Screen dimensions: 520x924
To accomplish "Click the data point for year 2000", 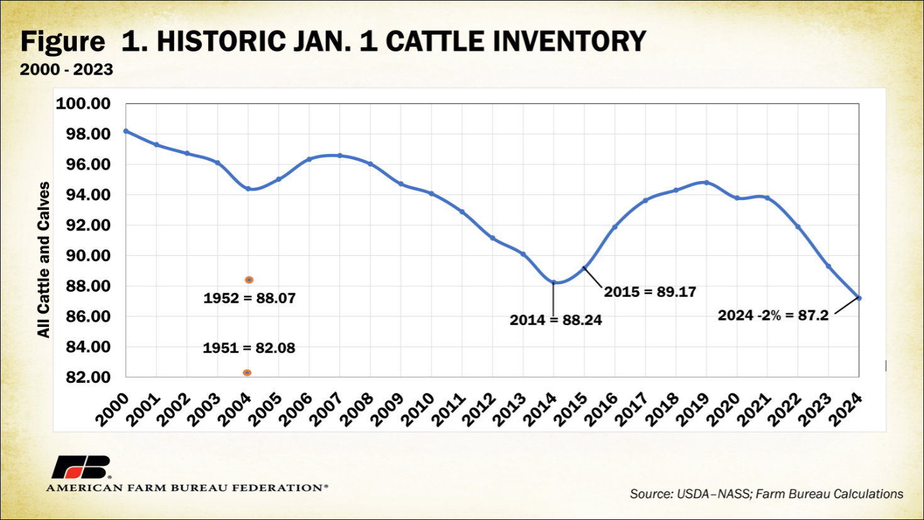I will click(x=126, y=131).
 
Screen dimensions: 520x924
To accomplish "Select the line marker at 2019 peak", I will click(x=707, y=183).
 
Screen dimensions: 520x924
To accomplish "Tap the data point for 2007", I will click(x=340, y=155).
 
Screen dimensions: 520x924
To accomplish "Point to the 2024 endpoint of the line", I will click(x=859, y=298).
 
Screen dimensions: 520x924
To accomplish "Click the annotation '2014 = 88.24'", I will click(x=556, y=320).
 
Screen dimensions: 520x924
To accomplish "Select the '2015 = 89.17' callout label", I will click(x=650, y=292).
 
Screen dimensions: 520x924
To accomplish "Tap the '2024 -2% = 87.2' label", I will click(x=773, y=315).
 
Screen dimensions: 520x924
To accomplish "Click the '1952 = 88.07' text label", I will click(x=250, y=298).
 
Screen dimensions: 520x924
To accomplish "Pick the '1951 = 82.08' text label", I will click(x=249, y=348).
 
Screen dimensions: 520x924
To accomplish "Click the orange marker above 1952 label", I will click(x=249, y=280).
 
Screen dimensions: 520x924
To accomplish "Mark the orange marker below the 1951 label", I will click(x=247, y=373).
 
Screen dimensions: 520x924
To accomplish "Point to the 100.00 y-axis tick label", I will click(x=83, y=104).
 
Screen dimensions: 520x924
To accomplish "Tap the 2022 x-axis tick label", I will click(x=785, y=409).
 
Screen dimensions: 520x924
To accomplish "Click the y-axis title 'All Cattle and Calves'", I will click(x=43, y=260).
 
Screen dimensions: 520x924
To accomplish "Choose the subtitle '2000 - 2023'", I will click(x=67, y=69).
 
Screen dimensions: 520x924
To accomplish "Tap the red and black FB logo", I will click(x=80, y=467).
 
